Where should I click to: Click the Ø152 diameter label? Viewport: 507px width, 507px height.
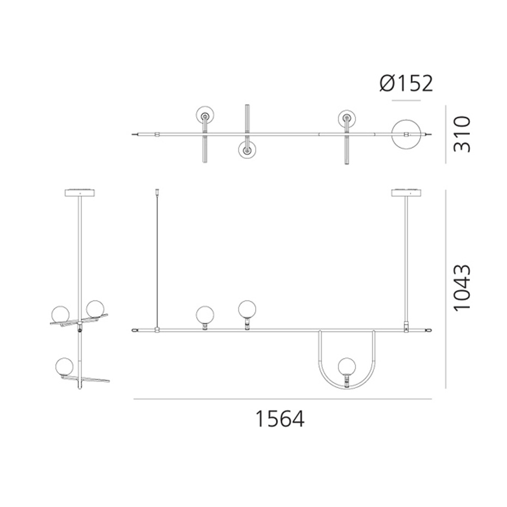click(x=406, y=83)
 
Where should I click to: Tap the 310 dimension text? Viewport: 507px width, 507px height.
click(x=461, y=134)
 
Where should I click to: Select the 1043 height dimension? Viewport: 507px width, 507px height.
click(x=461, y=288)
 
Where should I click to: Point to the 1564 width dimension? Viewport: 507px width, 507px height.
click(x=280, y=419)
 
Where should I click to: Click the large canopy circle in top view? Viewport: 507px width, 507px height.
click(x=407, y=120)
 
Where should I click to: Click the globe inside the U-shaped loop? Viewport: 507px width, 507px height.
click(x=347, y=367)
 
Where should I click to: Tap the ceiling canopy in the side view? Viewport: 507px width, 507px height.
click(x=80, y=193)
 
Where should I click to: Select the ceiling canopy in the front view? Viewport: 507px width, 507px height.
click(x=407, y=193)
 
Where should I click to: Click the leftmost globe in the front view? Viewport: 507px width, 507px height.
click(x=205, y=315)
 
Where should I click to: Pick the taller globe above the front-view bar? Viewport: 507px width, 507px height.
click(x=247, y=309)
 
